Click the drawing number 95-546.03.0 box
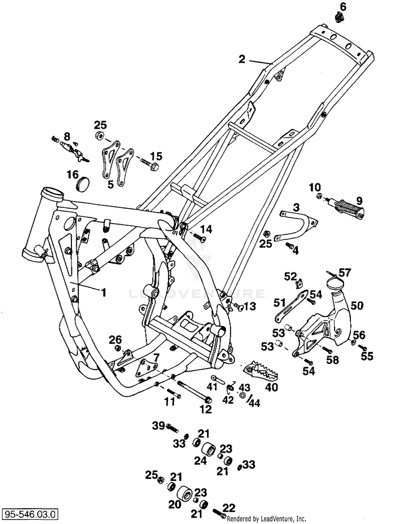[30, 513]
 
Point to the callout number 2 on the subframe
[242, 59]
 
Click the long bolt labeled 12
[195, 391]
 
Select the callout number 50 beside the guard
[357, 306]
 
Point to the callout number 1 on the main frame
[104, 292]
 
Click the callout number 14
[206, 229]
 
